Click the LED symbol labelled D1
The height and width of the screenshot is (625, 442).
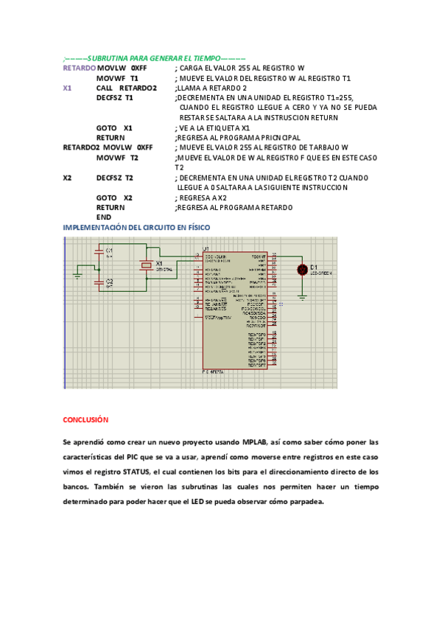(x=301, y=269)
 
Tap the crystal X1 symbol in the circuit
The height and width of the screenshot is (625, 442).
(x=146, y=267)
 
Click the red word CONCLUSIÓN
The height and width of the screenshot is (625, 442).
(x=85, y=419)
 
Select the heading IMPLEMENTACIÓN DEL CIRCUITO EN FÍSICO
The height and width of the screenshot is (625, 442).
(x=136, y=228)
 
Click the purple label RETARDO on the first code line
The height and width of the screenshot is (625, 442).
(x=79, y=67)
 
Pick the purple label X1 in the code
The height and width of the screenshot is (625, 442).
(x=67, y=88)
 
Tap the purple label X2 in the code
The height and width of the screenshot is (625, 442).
(x=67, y=178)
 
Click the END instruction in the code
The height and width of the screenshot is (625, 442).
(x=103, y=217)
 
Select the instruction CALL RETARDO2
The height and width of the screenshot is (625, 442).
(x=127, y=88)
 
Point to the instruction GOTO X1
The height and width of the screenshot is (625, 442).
(x=114, y=128)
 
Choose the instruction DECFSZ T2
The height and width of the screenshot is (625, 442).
(x=114, y=178)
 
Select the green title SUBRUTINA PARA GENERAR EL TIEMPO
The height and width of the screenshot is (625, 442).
(x=155, y=57)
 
